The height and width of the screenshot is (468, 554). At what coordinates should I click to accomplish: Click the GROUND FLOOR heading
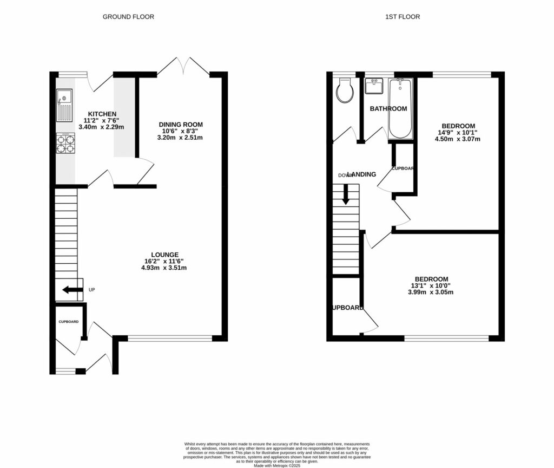(x=128, y=17)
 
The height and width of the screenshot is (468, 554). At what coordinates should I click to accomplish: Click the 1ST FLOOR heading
(x=402, y=17)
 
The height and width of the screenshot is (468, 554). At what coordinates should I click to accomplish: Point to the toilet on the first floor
(x=344, y=91)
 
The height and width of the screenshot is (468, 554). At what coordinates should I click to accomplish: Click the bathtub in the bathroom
(x=400, y=108)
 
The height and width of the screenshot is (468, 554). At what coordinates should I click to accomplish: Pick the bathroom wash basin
(x=374, y=86)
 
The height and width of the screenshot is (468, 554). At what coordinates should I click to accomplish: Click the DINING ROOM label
(x=181, y=125)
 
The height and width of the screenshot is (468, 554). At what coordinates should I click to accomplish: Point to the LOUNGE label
(x=165, y=255)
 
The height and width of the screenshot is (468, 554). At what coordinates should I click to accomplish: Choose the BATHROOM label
(x=388, y=109)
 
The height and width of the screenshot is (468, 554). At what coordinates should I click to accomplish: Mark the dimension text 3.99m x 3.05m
(x=430, y=292)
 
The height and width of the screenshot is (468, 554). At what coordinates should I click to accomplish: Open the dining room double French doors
(x=184, y=66)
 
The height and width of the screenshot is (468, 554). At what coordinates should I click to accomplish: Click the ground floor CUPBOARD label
(x=69, y=322)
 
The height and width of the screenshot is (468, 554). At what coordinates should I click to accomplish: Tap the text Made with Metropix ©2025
(x=276, y=465)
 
